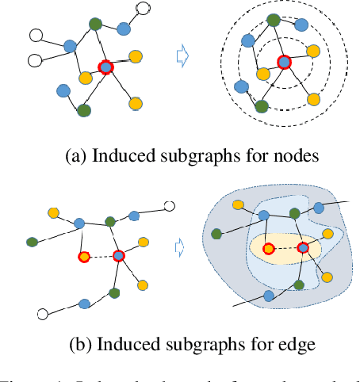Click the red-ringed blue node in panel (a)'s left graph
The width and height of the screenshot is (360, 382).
[x=105, y=68]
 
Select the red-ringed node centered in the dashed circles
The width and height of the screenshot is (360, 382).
[x=283, y=62]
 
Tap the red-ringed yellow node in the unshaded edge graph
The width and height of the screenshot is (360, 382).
[x=84, y=256]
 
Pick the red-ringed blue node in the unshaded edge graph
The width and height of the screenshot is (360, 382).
[x=119, y=256]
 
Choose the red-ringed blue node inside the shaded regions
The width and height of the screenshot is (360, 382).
[x=303, y=249]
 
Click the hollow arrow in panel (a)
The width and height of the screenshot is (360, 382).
[x=182, y=55]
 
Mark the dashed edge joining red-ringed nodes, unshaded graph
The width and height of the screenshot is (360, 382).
[x=101, y=256]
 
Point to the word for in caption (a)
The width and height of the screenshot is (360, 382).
[x=254, y=155]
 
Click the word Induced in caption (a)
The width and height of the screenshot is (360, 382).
[x=123, y=155]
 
